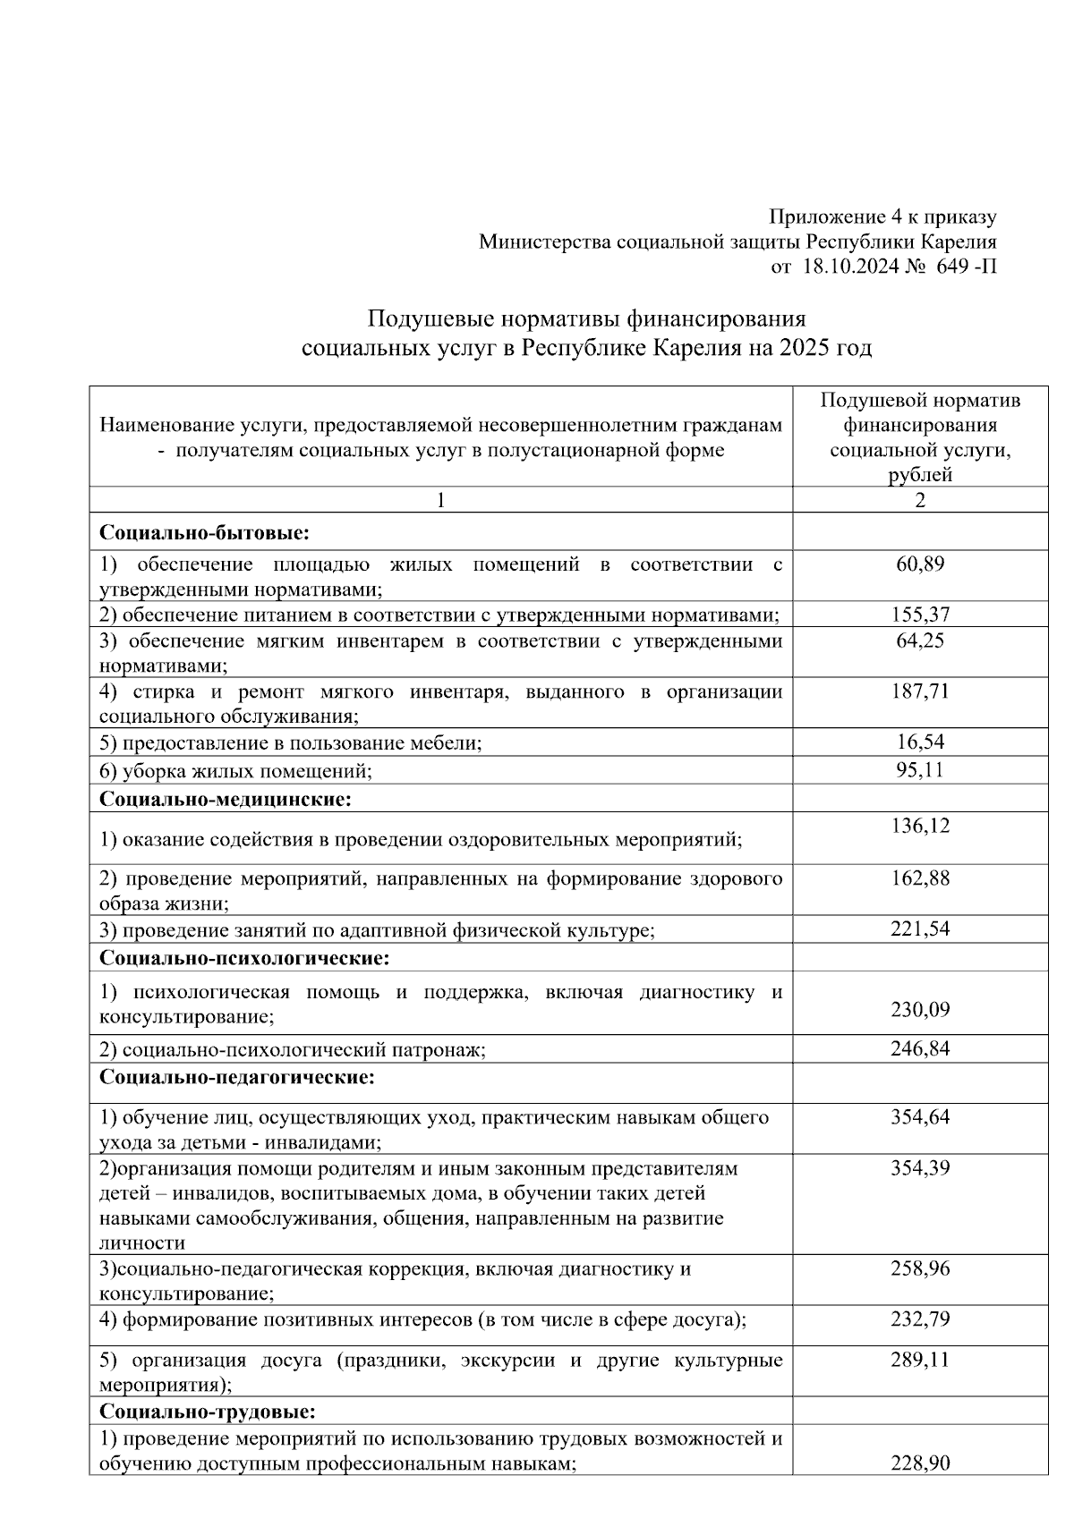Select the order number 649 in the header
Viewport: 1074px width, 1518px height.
[x=953, y=267]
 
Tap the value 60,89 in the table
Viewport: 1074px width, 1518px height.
[x=920, y=564]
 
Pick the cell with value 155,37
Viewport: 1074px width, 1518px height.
[x=920, y=615]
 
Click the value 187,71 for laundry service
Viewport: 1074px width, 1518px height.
[x=920, y=691]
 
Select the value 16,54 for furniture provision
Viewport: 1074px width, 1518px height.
[x=920, y=742]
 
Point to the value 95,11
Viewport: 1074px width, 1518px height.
[x=920, y=770]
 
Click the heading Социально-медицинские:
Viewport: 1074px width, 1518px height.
[x=226, y=799]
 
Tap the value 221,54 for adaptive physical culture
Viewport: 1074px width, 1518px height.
[x=920, y=929]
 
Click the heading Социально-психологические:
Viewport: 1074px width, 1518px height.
[x=245, y=958]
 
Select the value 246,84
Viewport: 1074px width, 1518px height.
[x=920, y=1048]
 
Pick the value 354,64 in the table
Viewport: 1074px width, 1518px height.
[x=920, y=1116]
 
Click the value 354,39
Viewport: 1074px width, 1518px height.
[x=920, y=1167]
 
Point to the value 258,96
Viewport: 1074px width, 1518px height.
[x=920, y=1268]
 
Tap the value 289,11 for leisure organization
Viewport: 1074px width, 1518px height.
[x=920, y=1360]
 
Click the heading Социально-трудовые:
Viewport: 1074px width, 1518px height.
[x=208, y=1412]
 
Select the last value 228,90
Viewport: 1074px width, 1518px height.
[x=920, y=1463]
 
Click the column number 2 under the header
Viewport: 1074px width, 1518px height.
[x=920, y=500]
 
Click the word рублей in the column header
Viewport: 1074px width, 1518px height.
[x=920, y=475]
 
